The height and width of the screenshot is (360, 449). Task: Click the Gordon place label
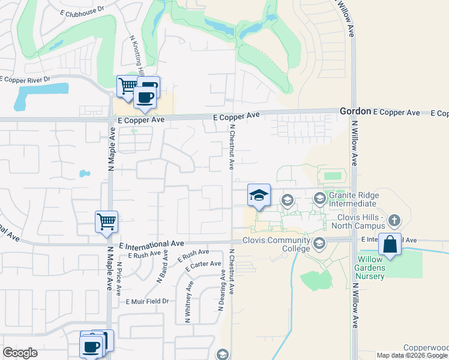355,112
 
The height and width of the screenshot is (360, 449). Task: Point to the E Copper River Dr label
25,79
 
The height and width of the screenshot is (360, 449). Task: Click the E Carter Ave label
204,265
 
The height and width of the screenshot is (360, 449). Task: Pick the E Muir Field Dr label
147,301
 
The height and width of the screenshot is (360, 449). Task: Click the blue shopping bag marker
390,245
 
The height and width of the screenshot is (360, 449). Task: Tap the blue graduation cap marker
259,195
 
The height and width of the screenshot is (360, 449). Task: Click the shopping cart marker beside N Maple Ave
107,221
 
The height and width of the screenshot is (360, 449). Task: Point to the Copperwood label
426,348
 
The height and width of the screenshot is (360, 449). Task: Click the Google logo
20,353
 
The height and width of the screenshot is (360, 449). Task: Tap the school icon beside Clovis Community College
318,243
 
